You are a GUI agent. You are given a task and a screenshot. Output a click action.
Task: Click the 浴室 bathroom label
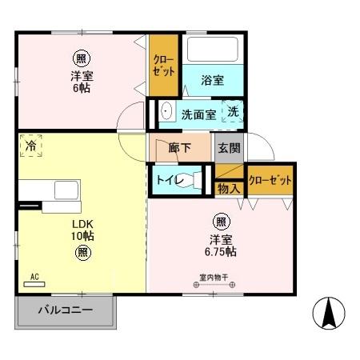point(212,80)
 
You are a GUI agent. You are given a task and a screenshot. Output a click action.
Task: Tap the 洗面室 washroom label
point(198,114)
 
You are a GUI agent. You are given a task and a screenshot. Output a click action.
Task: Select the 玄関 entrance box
point(228,147)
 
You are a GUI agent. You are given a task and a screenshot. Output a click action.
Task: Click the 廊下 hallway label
point(180,147)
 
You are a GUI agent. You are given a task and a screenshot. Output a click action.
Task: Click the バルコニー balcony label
point(66,310)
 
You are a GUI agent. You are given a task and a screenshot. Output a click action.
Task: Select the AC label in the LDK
point(34,278)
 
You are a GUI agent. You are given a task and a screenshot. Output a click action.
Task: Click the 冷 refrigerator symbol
point(31,146)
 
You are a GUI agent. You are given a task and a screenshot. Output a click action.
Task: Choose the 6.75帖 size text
point(218,250)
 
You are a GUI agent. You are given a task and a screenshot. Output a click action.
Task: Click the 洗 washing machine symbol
point(231,114)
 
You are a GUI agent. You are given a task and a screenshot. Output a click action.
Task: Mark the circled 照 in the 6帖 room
point(81,58)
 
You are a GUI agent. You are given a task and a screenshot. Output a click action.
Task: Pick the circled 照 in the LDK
point(82,253)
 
